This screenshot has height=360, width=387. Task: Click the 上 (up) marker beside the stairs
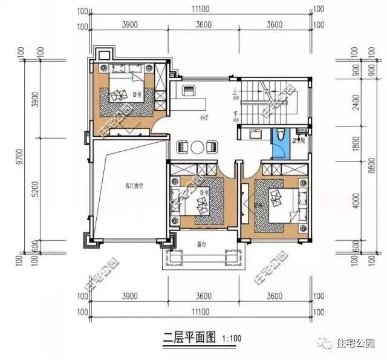point(235,93)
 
